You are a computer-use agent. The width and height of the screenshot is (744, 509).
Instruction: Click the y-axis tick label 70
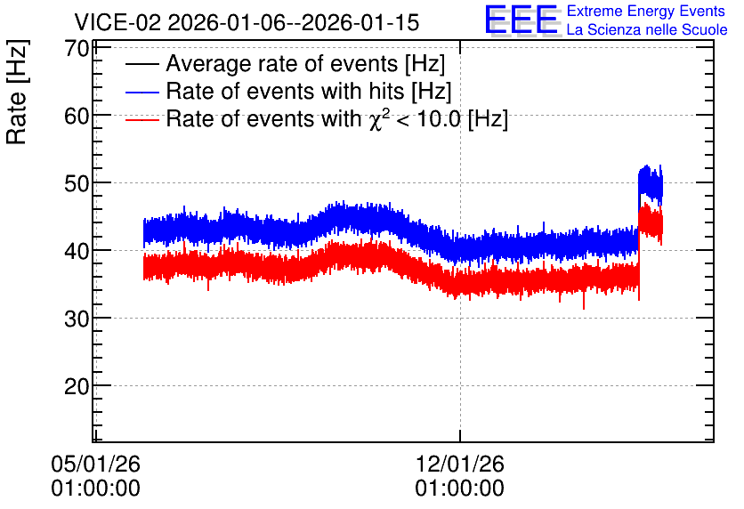tap(77, 48)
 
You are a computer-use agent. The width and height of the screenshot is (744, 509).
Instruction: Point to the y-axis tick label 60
tap(77, 116)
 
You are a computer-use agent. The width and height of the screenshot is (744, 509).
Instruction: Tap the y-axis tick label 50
tap(77, 183)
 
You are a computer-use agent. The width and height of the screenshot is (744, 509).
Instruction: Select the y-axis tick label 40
tap(77, 251)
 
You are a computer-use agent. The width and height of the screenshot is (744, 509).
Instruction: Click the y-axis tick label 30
tap(77, 319)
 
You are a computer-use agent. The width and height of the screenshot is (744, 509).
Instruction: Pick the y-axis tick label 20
tap(77, 386)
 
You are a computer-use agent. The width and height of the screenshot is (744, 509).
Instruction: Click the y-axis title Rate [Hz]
tap(17, 92)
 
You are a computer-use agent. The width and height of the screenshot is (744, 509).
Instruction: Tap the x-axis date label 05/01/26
tap(95, 464)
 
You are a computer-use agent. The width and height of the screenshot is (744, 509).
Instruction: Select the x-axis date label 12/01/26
tap(459, 464)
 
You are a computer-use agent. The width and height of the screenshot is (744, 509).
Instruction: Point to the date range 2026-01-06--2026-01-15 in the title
tap(293, 22)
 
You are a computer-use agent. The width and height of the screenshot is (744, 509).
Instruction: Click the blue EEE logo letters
tap(522, 20)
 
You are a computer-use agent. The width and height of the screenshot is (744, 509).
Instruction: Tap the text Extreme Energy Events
tap(646, 11)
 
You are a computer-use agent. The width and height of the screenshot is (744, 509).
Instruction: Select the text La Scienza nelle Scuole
tap(647, 30)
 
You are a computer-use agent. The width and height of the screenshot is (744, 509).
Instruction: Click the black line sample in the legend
tap(142, 64)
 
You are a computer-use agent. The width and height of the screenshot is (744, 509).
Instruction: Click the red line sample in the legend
tap(142, 120)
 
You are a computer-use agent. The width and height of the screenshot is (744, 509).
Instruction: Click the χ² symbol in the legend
tap(376, 119)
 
